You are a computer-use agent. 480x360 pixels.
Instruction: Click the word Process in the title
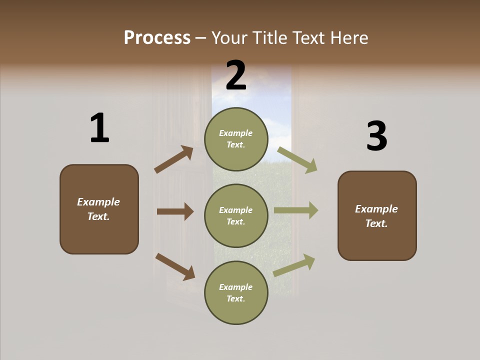(x=157, y=37)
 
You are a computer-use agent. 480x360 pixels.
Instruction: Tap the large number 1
(x=99, y=128)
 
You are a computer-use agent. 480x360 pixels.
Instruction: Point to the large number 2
(x=236, y=75)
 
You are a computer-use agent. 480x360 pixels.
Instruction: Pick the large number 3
(x=376, y=136)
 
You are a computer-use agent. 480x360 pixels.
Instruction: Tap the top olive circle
(x=236, y=139)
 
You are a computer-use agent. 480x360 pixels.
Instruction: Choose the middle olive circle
(x=236, y=215)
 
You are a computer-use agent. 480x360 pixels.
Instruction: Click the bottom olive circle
(x=236, y=292)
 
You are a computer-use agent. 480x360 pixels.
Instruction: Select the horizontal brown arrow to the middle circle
(x=175, y=211)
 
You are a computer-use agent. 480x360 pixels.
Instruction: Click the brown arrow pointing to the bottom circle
(x=175, y=266)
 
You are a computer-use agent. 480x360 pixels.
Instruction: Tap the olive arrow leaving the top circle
(x=297, y=160)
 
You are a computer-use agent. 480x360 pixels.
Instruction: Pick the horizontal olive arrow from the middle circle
(x=296, y=210)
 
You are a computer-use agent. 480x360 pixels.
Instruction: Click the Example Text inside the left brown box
(x=99, y=209)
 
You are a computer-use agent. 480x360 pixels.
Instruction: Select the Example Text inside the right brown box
(x=376, y=216)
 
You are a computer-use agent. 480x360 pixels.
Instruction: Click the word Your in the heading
(x=230, y=37)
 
